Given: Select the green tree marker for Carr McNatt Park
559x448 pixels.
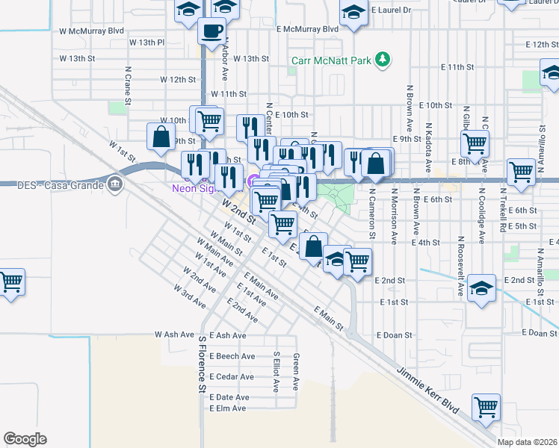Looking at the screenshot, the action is tap(383, 58).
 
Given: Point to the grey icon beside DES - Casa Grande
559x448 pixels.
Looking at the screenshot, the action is tap(114, 184).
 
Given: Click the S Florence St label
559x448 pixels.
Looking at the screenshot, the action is tap(202, 364).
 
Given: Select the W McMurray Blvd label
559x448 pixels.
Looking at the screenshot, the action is tap(90, 31).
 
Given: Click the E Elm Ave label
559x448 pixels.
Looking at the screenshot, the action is tap(228, 408).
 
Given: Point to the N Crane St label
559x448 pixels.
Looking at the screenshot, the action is tap(128, 85).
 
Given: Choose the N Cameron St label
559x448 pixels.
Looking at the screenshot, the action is tap(371, 213).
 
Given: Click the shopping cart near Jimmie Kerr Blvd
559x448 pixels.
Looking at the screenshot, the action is tap(486, 408).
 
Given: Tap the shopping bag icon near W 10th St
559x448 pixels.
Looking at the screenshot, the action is tap(161, 136).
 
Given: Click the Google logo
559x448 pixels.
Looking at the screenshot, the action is tap(25, 439).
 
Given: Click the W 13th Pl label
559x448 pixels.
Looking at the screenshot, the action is tap(146, 43).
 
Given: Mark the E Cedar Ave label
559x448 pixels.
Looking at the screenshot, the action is tap(232, 376).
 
